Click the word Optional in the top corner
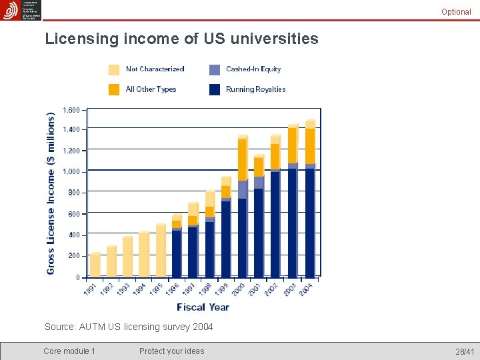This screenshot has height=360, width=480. [456, 12]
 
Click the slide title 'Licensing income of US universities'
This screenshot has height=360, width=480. [181, 39]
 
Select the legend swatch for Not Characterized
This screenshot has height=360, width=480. [114, 69]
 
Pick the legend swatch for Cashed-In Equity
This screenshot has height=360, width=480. [215, 69]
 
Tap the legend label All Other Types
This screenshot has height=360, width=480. [151, 89]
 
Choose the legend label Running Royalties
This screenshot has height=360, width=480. [255, 89]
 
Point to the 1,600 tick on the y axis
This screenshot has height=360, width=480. [71, 110]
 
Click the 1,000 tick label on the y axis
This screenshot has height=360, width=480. [71, 172]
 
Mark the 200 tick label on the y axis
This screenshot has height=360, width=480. [73, 256]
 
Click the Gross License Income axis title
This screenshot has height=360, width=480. [51, 193]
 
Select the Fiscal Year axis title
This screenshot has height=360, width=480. [203, 307]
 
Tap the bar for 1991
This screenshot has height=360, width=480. [95, 265]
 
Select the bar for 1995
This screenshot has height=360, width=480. [161, 250]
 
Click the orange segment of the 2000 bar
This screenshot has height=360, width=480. [243, 160]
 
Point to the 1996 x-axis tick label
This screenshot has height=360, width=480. [171, 290]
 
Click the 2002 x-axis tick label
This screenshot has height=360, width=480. [271, 290]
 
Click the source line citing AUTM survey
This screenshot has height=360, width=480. [129, 327]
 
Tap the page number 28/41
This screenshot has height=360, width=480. [465, 351]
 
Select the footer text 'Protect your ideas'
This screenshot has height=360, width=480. [171, 351]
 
